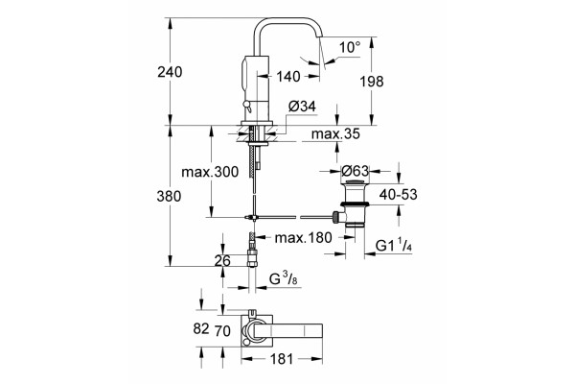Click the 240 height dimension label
click(x=170, y=72)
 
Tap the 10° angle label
click(x=350, y=47)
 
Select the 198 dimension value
click(x=372, y=82)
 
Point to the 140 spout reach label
click(x=288, y=77)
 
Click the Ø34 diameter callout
click(x=302, y=107)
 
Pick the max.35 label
click(x=335, y=134)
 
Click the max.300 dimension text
click(x=210, y=172)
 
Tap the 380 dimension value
click(x=169, y=196)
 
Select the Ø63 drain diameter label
click(x=355, y=171)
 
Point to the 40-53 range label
click(x=399, y=194)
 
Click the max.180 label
click(x=303, y=238)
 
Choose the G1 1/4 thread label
click(x=394, y=246)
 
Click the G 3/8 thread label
click(x=284, y=279)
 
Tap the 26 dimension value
click(x=222, y=260)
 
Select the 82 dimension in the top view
click(x=201, y=328)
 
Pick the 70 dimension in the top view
click(x=222, y=331)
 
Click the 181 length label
click(x=281, y=359)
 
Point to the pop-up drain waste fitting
click(x=353, y=204)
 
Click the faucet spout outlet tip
click(x=320, y=37)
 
